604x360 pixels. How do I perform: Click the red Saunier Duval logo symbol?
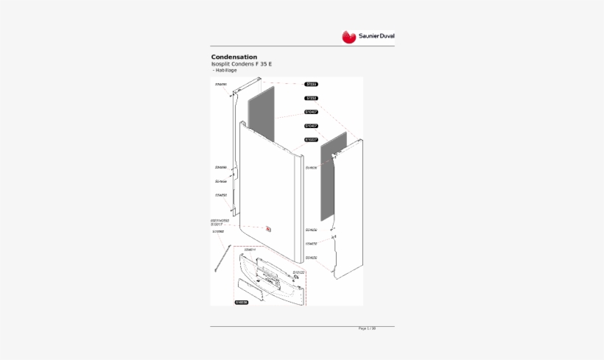(348, 36)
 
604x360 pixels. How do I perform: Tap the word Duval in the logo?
(387, 36)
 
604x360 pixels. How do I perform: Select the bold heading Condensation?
(233, 57)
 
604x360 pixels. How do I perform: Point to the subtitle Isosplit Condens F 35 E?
(242, 64)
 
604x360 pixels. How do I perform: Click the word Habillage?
(225, 70)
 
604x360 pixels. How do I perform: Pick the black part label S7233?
(311, 85)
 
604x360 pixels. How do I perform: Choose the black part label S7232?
(311, 98)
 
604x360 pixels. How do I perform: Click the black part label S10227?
(311, 139)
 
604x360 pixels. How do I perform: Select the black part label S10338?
(242, 303)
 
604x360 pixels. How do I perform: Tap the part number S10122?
(298, 272)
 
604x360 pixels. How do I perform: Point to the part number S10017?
(219, 225)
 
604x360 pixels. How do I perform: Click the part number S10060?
(218, 232)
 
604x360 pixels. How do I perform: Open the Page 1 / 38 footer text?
(367, 328)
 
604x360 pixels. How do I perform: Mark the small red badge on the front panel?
(269, 229)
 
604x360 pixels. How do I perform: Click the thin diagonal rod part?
(220, 259)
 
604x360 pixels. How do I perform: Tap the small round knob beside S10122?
(295, 278)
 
